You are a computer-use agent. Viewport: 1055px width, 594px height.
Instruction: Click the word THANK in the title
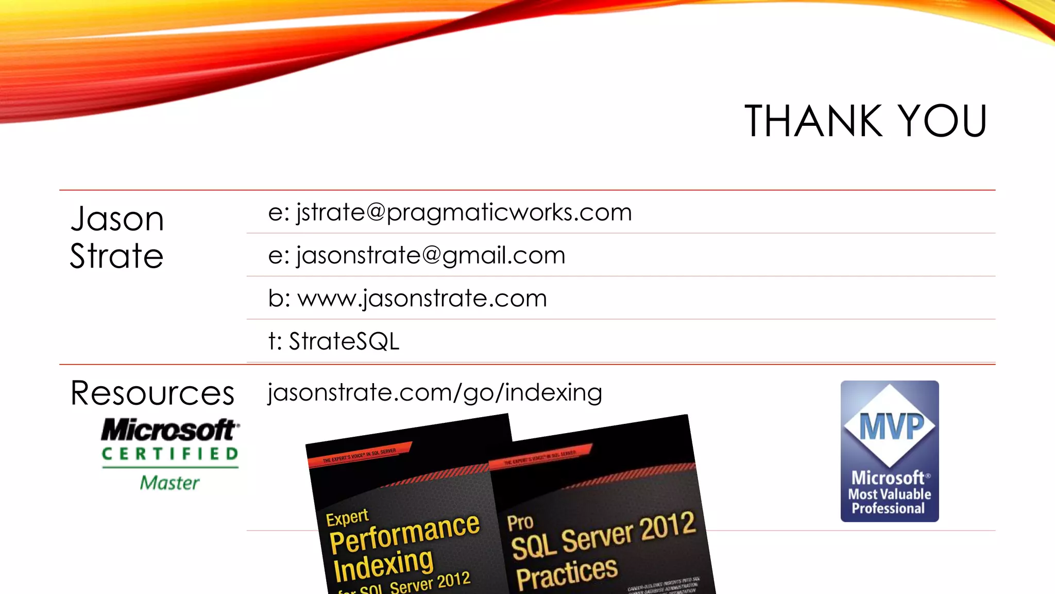coord(813,121)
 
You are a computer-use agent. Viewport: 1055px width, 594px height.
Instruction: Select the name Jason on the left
coord(117,219)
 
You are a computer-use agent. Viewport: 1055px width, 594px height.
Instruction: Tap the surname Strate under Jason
coord(117,256)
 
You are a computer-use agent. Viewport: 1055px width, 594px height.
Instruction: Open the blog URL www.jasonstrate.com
coord(422,299)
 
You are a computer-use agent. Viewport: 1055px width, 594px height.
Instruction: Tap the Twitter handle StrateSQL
coord(344,341)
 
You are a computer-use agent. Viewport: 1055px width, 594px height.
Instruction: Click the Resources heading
coord(152,393)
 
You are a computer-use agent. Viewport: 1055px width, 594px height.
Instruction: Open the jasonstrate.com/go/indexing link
coord(435,392)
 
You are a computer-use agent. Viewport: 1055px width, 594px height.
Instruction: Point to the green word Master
coord(169,483)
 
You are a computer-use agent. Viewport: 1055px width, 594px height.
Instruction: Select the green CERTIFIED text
coord(170,454)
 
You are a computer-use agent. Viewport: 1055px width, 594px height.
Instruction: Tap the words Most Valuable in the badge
coord(890,494)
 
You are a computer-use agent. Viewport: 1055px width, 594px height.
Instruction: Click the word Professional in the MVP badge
coord(888,508)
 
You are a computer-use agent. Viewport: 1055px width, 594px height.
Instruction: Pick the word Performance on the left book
coord(405,533)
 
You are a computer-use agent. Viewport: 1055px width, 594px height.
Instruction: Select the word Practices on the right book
coord(567,573)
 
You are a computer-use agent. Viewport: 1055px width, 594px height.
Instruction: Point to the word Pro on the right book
coord(520,522)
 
